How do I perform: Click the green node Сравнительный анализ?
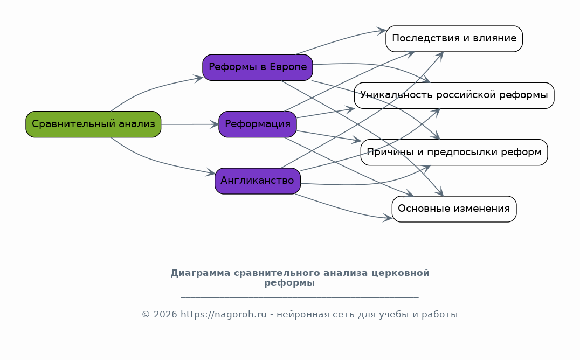(x=93, y=124)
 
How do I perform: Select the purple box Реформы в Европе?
(x=258, y=67)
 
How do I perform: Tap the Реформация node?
(x=258, y=124)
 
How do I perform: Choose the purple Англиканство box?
(x=258, y=181)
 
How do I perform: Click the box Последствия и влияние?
(x=454, y=39)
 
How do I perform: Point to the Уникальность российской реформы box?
(x=454, y=95)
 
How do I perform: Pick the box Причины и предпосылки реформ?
(x=454, y=152)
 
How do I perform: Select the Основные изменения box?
(x=454, y=209)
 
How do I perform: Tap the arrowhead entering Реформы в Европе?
(x=198, y=78)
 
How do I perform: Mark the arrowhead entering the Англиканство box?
(x=211, y=172)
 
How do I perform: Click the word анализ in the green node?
(x=137, y=124)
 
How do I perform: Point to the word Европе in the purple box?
(x=288, y=67)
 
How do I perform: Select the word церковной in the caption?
(x=400, y=273)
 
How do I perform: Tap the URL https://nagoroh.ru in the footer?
(x=223, y=315)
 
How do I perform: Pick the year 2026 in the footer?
(x=165, y=315)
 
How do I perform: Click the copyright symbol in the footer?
(x=146, y=315)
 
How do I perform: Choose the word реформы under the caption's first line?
(x=289, y=283)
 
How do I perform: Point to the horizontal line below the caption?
(x=300, y=297)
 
